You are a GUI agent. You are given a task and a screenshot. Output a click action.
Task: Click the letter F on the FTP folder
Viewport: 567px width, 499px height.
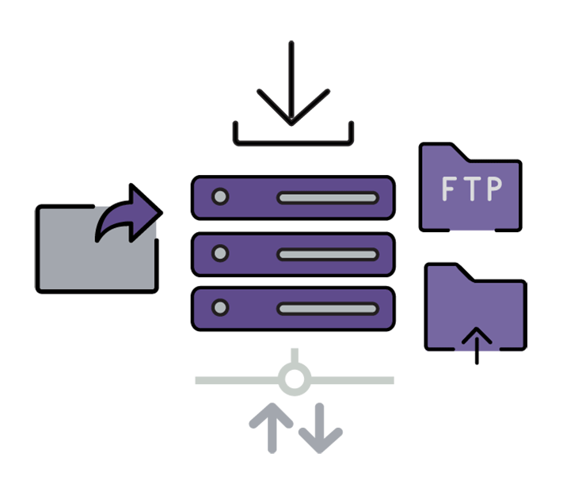tap(448, 190)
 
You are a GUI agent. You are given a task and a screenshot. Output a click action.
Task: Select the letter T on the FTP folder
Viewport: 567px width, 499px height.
tap(470, 190)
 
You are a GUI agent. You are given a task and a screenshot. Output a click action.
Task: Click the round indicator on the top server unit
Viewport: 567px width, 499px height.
tap(221, 197)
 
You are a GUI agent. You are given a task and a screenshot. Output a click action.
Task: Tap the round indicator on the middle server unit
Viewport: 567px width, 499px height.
tap(221, 253)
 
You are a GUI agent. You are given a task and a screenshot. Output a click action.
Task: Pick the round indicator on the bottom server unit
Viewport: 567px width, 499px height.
tap(221, 307)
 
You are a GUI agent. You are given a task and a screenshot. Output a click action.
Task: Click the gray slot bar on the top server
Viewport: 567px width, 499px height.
tap(327, 198)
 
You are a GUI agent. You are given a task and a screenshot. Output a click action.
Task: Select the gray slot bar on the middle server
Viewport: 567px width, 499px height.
tap(327, 254)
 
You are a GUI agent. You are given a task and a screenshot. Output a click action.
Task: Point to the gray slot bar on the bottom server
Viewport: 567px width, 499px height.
tap(327, 308)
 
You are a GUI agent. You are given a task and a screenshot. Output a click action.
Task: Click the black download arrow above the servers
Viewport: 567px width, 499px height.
tap(292, 87)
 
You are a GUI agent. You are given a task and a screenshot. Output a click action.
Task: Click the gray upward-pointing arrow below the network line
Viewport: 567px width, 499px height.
tap(270, 424)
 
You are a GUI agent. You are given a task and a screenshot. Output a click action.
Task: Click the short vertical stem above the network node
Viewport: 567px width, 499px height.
tap(294, 356)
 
